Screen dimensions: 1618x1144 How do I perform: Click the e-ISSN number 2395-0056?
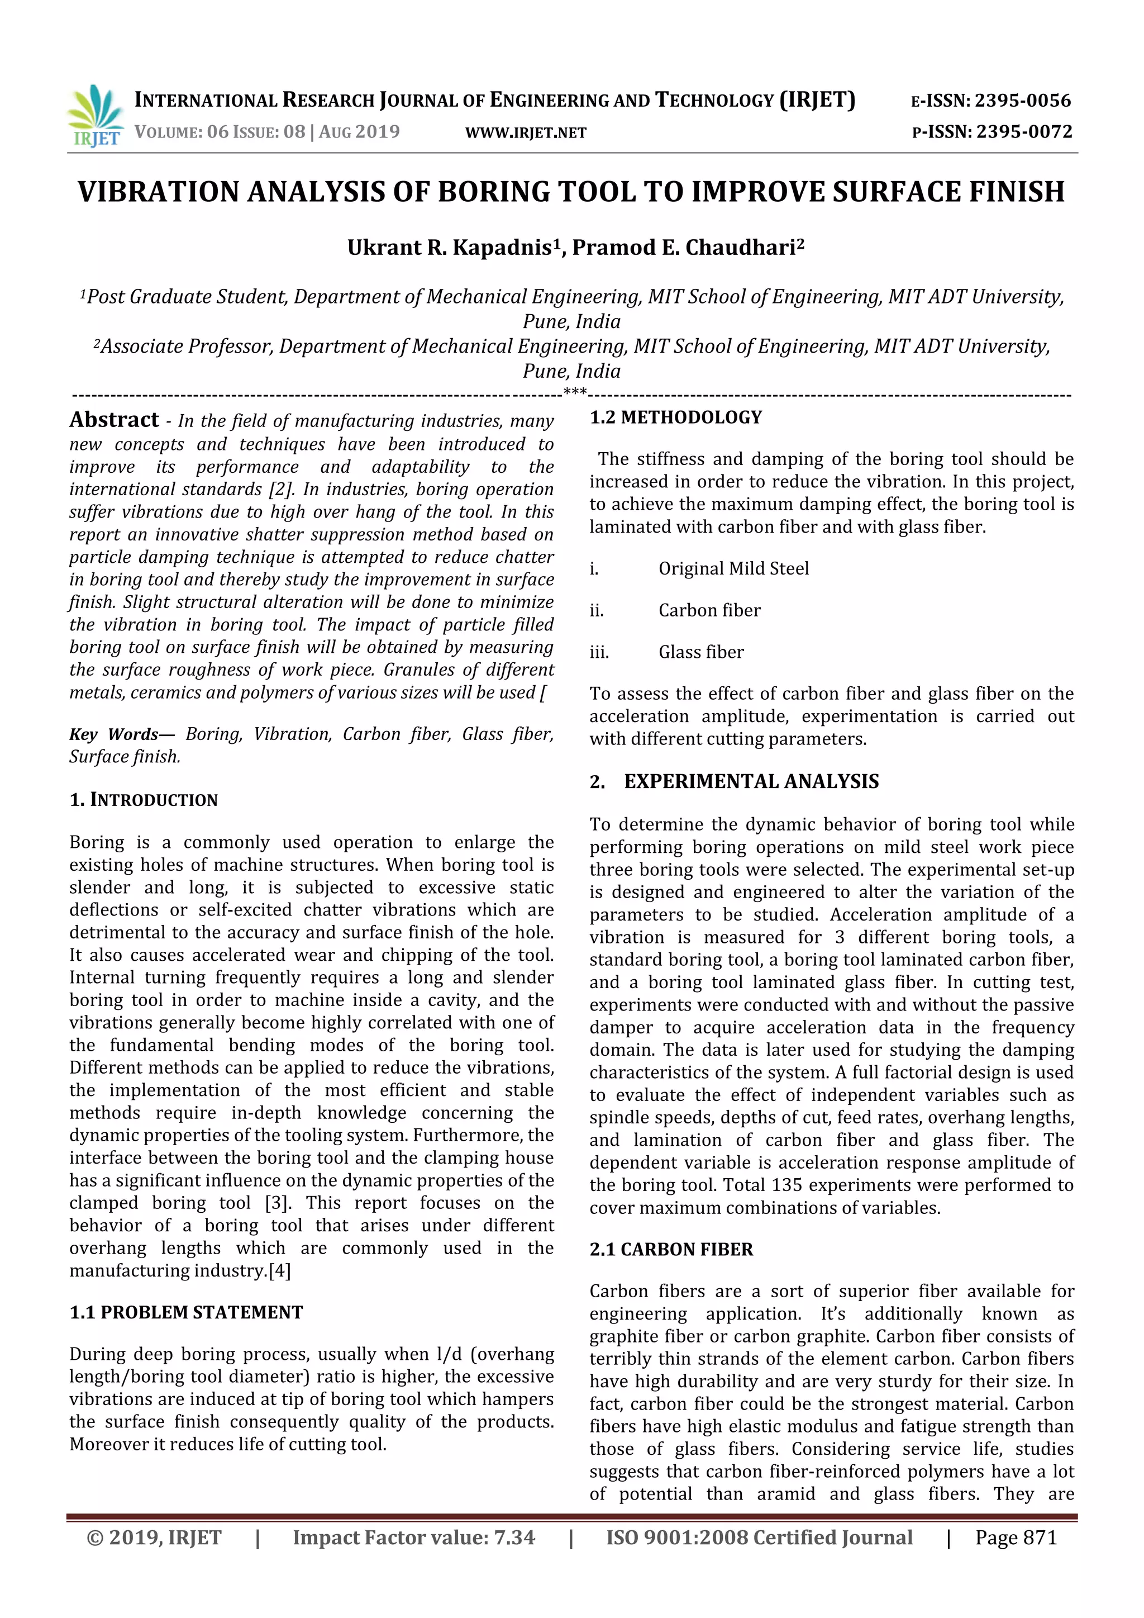coord(1022,101)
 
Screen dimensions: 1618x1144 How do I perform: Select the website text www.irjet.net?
coord(526,132)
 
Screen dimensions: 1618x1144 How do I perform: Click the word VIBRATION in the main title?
coord(159,192)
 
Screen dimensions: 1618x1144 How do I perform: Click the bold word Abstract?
coord(114,420)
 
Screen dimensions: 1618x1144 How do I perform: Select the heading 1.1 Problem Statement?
coord(186,1312)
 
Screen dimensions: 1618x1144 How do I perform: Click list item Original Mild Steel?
coord(733,569)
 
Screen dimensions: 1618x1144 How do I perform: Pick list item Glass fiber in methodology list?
coord(701,652)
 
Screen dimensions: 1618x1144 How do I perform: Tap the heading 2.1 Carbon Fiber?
coord(671,1250)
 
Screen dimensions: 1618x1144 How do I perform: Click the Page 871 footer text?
coord(1016,1538)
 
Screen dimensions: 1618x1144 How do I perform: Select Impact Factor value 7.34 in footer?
coord(413,1538)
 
